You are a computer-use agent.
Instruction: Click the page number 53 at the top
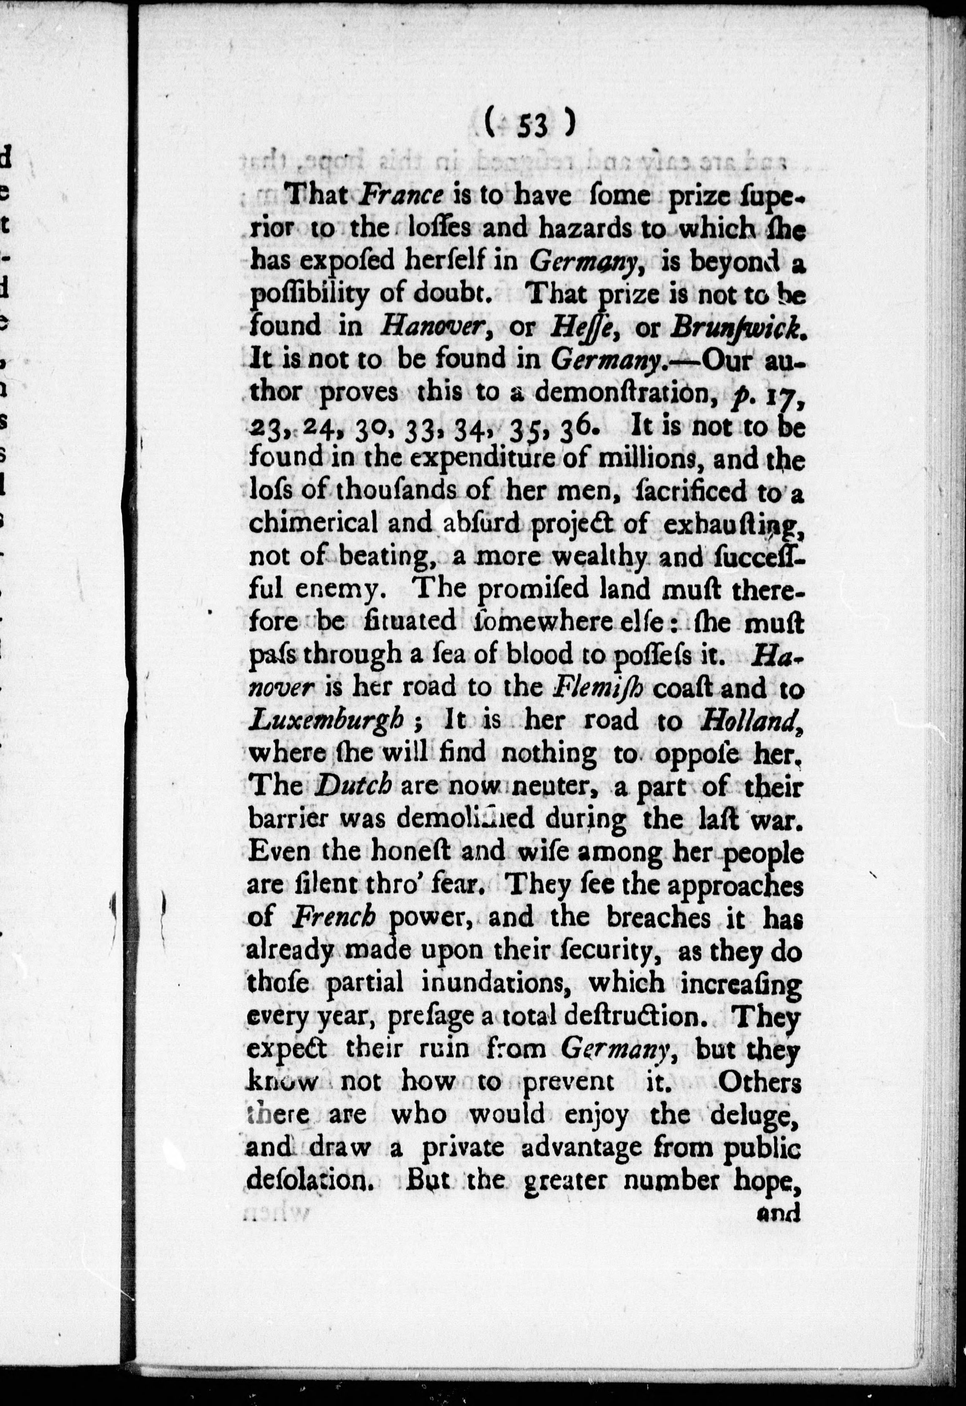[x=532, y=127]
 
